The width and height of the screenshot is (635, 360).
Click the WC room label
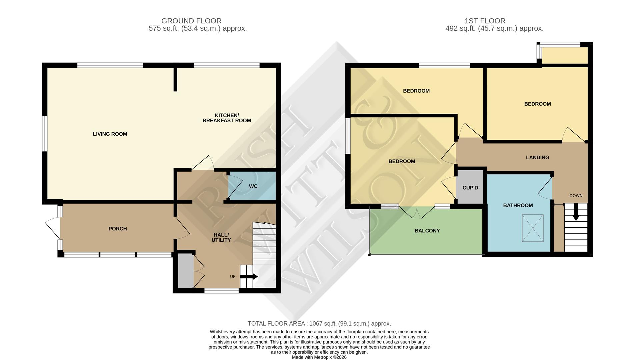[253, 186]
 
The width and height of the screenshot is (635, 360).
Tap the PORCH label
[118, 229]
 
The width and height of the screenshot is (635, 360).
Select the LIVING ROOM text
[110, 134]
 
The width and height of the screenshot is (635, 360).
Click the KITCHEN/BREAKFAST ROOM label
[227, 118]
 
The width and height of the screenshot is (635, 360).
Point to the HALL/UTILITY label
[221, 238]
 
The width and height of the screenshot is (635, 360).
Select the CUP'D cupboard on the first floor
[470, 188]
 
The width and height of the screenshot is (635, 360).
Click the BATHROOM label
[518, 206]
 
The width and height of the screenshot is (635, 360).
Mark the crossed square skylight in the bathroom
[533, 228]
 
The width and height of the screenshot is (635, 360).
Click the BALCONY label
[427, 231]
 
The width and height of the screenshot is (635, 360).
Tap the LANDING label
[537, 158]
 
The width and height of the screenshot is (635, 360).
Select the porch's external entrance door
[53, 228]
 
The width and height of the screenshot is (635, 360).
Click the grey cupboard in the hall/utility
[185, 271]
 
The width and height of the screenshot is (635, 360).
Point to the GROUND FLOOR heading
[191, 21]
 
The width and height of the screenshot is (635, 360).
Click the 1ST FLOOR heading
[485, 21]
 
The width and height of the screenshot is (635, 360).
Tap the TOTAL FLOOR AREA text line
[319, 324]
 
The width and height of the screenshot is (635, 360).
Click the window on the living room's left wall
[44, 133]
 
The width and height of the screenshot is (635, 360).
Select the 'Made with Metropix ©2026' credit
[319, 357]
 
